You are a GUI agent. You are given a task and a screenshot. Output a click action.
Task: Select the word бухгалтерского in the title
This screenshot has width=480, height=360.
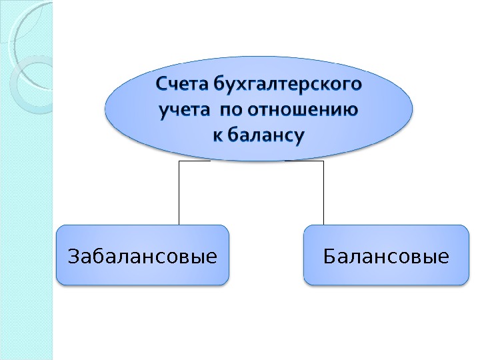point(289,85)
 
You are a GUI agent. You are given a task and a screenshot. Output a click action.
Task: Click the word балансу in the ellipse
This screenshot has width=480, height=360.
point(266,135)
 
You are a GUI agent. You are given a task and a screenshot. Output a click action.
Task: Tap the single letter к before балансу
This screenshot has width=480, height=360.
point(217,135)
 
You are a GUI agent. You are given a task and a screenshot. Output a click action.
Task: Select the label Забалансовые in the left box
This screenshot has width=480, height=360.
point(143,255)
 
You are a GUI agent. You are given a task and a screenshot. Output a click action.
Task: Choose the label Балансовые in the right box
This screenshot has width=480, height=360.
point(385,255)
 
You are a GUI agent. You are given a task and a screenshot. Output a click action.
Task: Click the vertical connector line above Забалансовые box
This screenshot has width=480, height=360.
point(179,193)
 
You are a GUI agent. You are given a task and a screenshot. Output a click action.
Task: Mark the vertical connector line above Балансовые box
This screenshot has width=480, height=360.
point(323,193)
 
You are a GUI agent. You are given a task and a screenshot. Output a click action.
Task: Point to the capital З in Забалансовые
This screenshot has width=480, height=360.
point(73,255)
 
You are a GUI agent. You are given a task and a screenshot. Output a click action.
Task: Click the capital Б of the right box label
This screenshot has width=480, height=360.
point(329,255)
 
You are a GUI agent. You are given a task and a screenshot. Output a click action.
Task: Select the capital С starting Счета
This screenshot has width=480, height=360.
point(163,85)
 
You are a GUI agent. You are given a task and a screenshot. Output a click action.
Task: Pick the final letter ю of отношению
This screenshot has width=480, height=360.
point(349,110)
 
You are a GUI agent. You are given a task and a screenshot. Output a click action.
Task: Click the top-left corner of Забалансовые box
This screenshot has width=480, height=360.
point(58,227)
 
